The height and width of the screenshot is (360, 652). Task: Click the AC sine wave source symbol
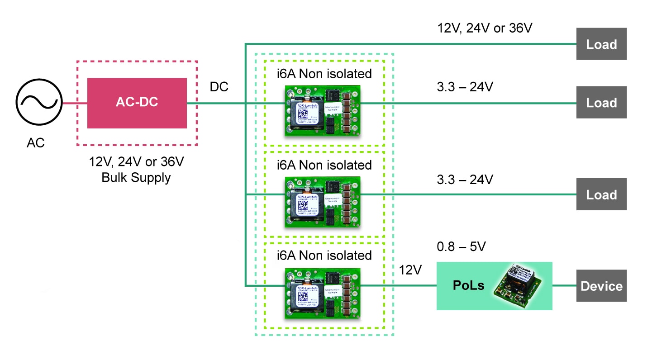point(38,104)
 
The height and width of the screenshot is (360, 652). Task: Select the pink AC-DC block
point(137,103)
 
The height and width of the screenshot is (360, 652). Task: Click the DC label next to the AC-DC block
point(219,87)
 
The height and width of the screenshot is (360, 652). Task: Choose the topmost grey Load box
point(601,44)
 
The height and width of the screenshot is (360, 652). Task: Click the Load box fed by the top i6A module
point(601,102)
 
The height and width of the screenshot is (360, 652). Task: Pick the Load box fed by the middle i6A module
point(601,194)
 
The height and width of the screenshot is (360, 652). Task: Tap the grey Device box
point(601,286)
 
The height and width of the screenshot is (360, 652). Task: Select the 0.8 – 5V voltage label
point(465,247)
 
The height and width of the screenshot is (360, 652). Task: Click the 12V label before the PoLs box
point(410,270)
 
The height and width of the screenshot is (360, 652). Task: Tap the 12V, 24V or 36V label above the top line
point(484,28)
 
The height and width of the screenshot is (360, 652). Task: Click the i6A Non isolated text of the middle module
point(324,165)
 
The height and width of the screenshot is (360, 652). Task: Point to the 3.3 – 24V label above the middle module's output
point(464,179)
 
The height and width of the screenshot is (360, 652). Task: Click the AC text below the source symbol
point(36,143)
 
